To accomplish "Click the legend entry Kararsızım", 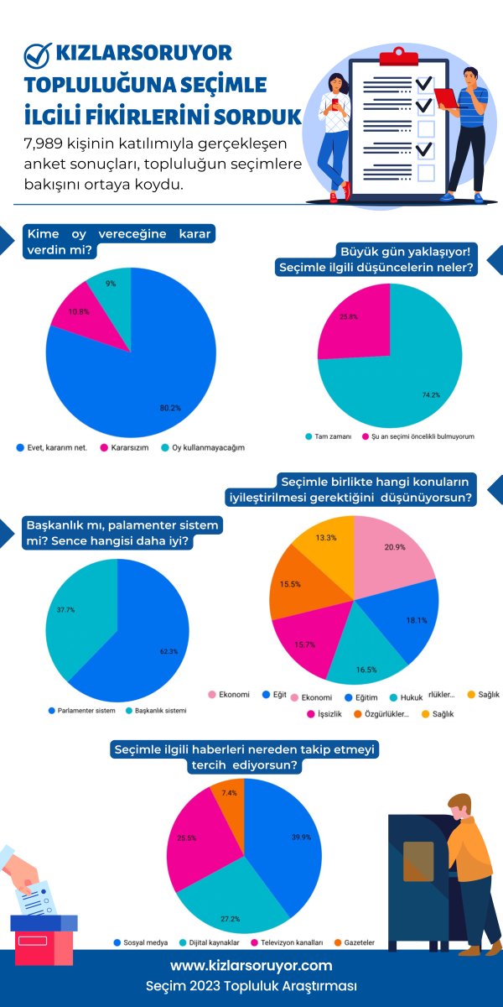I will pyautogui.click(x=127, y=447).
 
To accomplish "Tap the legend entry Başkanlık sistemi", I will pyautogui.click(x=155, y=710).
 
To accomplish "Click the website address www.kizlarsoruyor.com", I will pyautogui.click(x=251, y=966).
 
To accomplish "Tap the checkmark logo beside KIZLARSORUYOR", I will pyautogui.click(x=37, y=55).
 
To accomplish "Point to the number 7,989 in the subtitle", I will pyautogui.click(x=50, y=144).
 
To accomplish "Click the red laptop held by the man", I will pyautogui.click(x=445, y=98).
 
